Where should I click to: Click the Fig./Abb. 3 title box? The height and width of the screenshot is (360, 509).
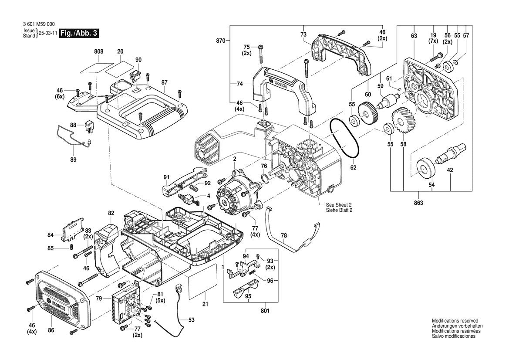pyautogui.click(x=78, y=34)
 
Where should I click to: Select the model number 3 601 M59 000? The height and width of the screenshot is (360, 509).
pyautogui.click(x=40, y=24)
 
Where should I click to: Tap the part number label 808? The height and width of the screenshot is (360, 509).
pyautogui.click(x=99, y=51)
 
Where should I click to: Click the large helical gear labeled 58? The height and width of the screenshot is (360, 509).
pyautogui.click(x=403, y=122)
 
